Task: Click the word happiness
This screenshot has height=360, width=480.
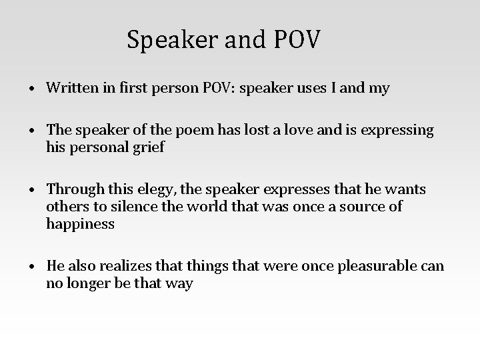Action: [x=81, y=224]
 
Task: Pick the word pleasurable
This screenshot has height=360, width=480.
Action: [x=378, y=267]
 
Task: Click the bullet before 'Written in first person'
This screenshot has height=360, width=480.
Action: [x=31, y=89]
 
